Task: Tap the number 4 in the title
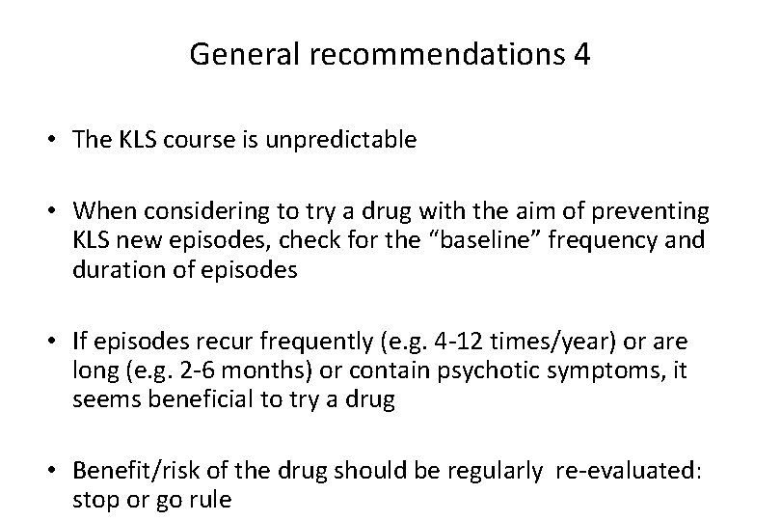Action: [581, 54]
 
